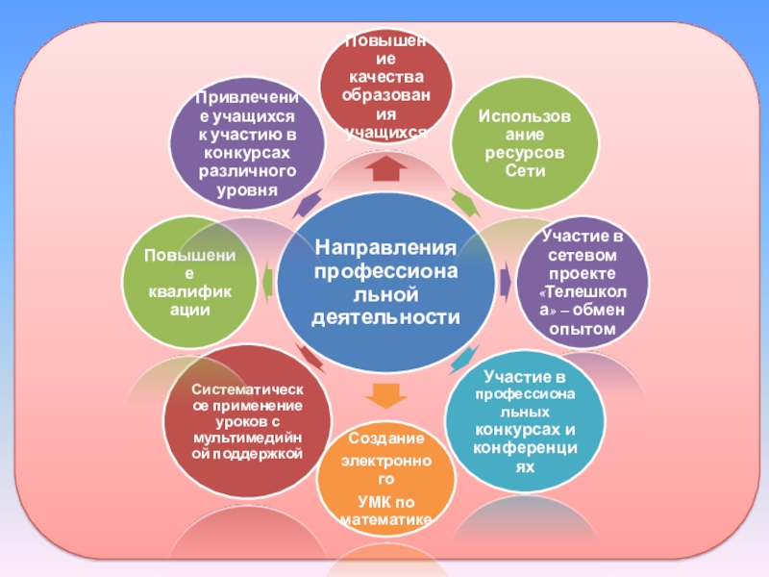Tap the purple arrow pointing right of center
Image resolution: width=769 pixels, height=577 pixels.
click(505, 280)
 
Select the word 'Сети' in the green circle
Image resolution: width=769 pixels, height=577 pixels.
click(525, 171)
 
